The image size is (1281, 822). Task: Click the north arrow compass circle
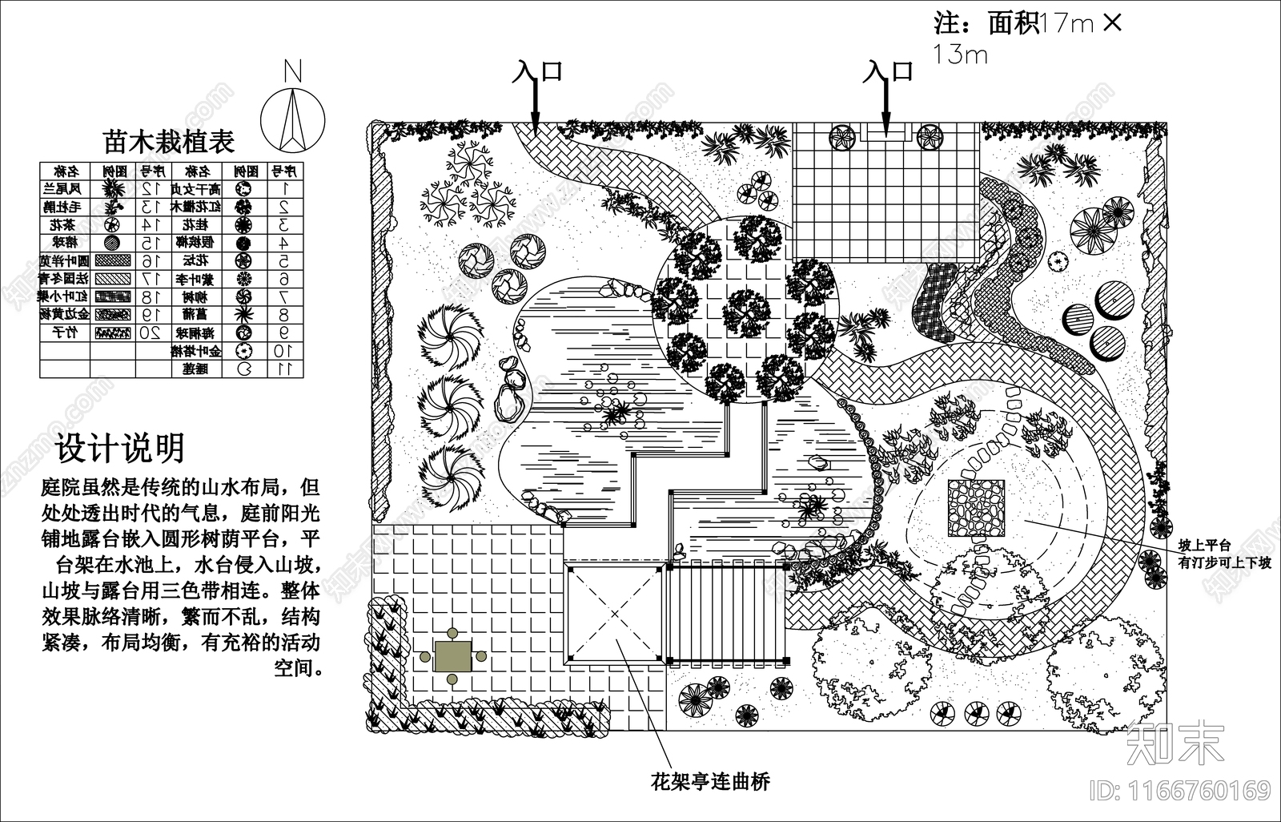[x=293, y=119]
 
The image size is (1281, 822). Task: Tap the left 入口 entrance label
[x=538, y=71]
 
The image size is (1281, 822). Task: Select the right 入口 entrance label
[x=888, y=71]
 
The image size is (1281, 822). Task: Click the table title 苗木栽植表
[x=169, y=142]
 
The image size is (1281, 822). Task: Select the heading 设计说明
[x=120, y=449]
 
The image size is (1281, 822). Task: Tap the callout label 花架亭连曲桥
[x=710, y=781]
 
